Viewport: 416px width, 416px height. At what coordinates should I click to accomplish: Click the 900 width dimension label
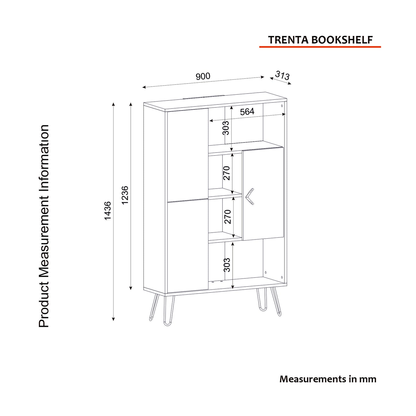203,76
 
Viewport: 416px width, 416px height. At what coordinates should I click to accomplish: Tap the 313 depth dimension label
282,75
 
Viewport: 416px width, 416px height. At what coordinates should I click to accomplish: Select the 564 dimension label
247,112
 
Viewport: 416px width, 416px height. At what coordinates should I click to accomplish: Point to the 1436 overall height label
107,211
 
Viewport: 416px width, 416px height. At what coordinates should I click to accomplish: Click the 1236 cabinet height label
125,195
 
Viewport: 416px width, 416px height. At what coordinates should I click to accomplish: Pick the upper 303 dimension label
226,128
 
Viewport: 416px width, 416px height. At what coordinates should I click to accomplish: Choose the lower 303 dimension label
227,265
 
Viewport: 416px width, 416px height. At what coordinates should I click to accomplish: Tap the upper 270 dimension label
227,173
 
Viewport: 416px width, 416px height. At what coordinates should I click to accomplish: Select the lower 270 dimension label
228,216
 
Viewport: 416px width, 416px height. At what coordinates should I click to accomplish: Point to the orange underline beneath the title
320,47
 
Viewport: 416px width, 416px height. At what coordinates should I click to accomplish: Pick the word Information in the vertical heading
44,157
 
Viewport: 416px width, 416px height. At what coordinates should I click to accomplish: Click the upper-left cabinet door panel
188,155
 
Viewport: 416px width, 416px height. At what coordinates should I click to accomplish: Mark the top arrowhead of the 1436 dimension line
113,104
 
